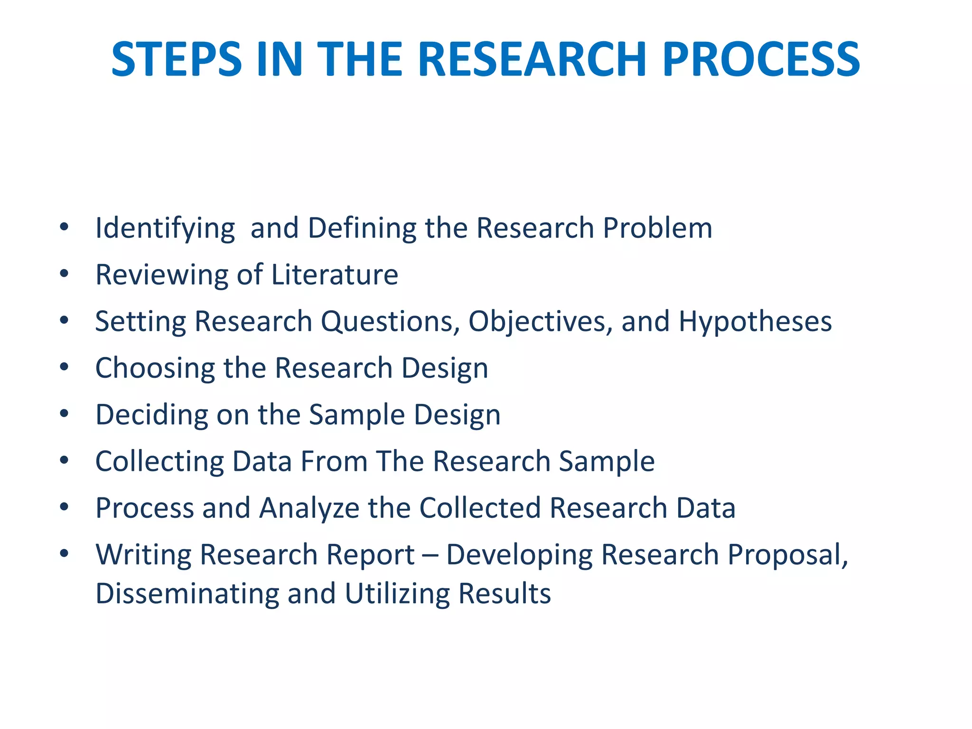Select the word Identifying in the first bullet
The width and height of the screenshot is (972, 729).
tap(165, 228)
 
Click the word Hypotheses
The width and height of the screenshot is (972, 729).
tap(755, 322)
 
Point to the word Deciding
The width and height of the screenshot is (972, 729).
tap(151, 414)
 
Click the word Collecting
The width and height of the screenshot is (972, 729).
tap(159, 461)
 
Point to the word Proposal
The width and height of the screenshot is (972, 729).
tap(787, 555)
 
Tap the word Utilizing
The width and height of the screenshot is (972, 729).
tap(397, 594)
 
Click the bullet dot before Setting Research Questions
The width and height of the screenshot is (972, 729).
tap(65, 320)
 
